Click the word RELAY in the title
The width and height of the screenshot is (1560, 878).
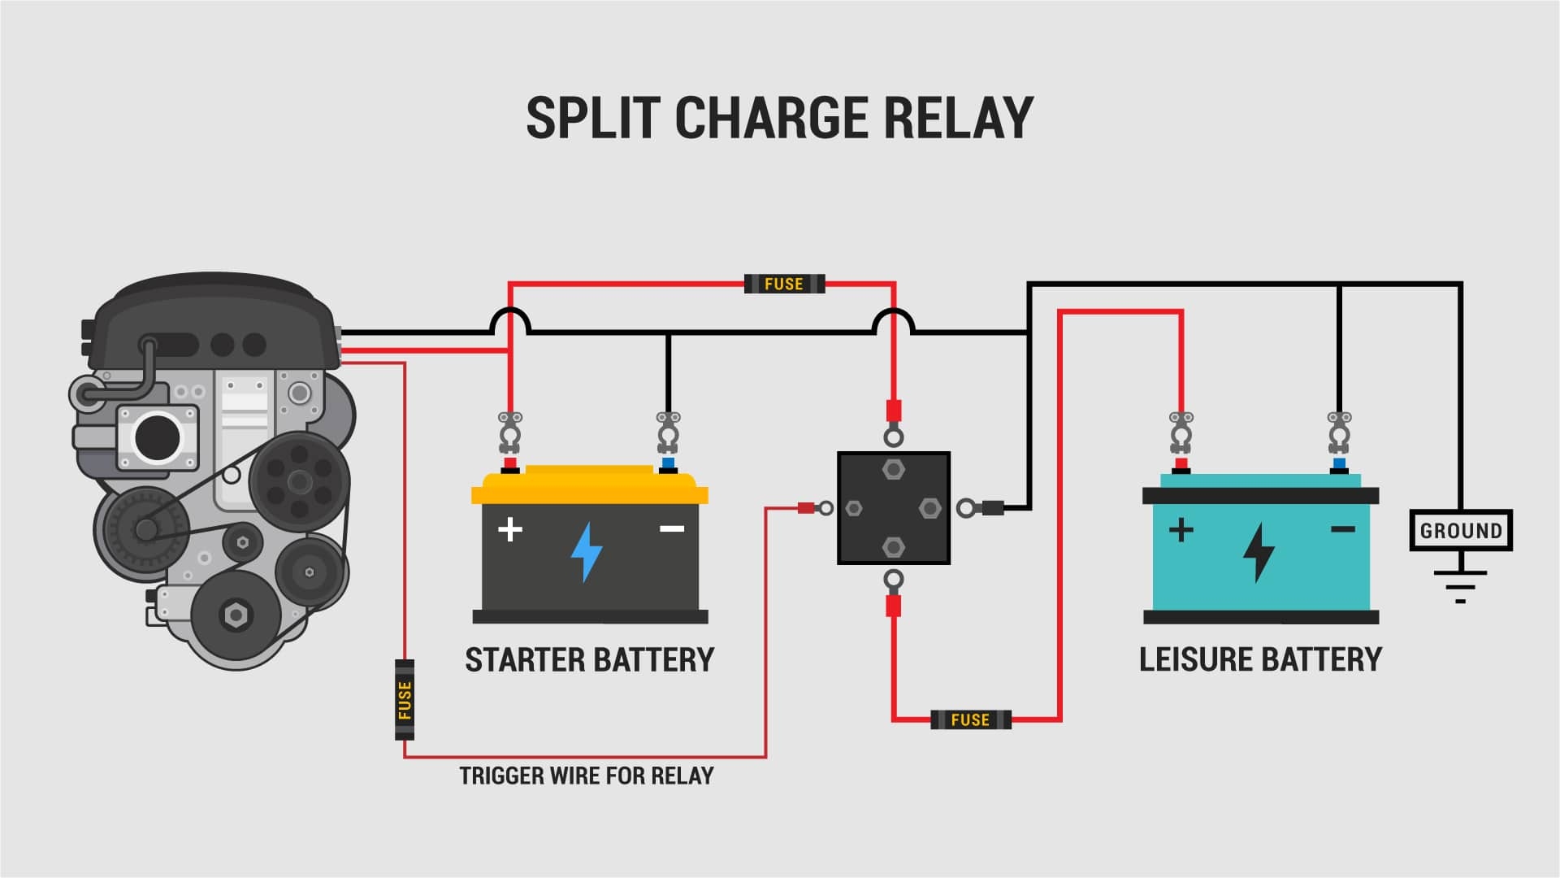pyautogui.click(x=958, y=118)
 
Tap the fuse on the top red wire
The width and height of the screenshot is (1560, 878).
pyautogui.click(x=784, y=284)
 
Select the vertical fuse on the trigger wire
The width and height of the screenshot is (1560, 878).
pyautogui.click(x=405, y=700)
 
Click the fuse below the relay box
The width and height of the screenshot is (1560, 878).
pyautogui.click(x=970, y=719)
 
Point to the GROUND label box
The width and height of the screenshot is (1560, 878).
pyautogui.click(x=1460, y=531)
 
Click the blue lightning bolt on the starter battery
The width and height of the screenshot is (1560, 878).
pyautogui.click(x=586, y=552)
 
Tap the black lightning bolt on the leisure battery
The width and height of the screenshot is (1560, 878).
pyautogui.click(x=1259, y=552)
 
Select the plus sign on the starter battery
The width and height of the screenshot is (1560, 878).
pyautogui.click(x=509, y=530)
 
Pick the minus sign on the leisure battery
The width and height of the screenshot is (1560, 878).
pyautogui.click(x=1342, y=530)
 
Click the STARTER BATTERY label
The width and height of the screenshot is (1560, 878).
pyautogui.click(x=589, y=659)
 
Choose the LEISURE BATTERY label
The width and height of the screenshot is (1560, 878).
pyautogui.click(x=1260, y=659)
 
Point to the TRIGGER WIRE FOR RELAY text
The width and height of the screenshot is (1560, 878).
pyautogui.click(x=586, y=776)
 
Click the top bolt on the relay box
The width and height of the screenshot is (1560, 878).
pyautogui.click(x=893, y=470)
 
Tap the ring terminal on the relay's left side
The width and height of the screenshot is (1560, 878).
pyautogui.click(x=825, y=509)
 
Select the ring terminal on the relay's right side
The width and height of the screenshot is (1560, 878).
pyautogui.click(x=965, y=509)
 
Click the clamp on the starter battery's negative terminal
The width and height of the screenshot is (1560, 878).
pyautogui.click(x=668, y=431)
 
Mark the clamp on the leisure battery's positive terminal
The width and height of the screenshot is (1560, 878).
pyautogui.click(x=1181, y=431)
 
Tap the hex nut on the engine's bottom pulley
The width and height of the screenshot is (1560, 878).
pyautogui.click(x=236, y=615)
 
